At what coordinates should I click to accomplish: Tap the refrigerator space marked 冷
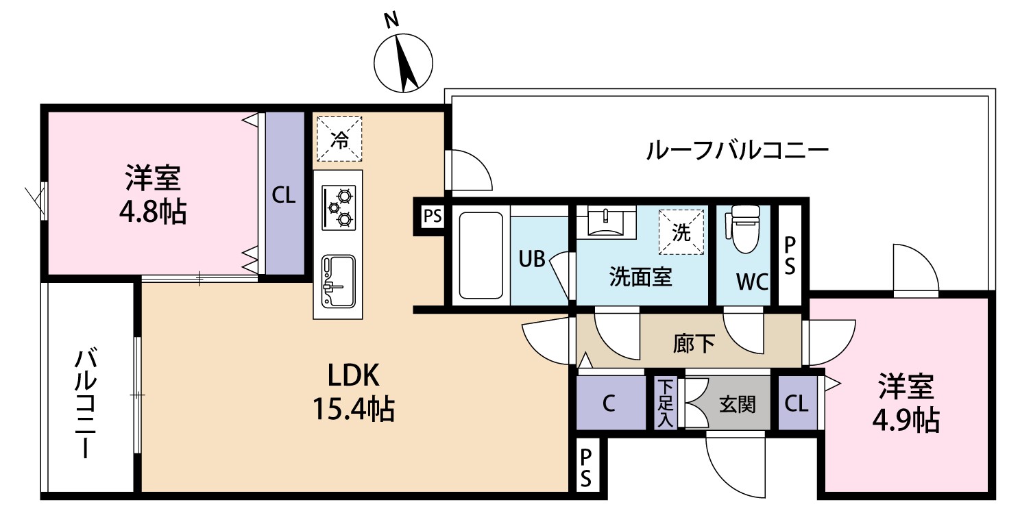point(339,139)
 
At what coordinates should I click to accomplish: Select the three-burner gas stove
point(339,208)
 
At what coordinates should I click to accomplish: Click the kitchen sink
point(338,281)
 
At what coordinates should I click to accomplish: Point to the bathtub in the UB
point(481,255)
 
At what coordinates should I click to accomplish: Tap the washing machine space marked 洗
point(681,232)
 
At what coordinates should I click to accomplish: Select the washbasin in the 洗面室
point(606,222)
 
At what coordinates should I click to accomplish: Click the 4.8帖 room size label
point(153,212)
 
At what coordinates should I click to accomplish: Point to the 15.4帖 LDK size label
point(353,408)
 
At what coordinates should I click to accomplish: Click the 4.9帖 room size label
point(906,421)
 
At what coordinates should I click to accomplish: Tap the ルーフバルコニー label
point(738,151)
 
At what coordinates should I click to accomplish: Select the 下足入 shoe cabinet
point(666,404)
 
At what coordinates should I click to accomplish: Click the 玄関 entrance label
point(737,404)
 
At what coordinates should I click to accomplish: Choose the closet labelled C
point(611,403)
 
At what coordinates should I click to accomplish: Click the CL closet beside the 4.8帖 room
point(285,193)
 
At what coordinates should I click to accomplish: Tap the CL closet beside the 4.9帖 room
point(798,403)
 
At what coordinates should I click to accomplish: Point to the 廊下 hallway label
point(694,344)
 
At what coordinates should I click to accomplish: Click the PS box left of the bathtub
point(432,216)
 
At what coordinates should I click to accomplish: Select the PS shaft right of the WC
point(790,255)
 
